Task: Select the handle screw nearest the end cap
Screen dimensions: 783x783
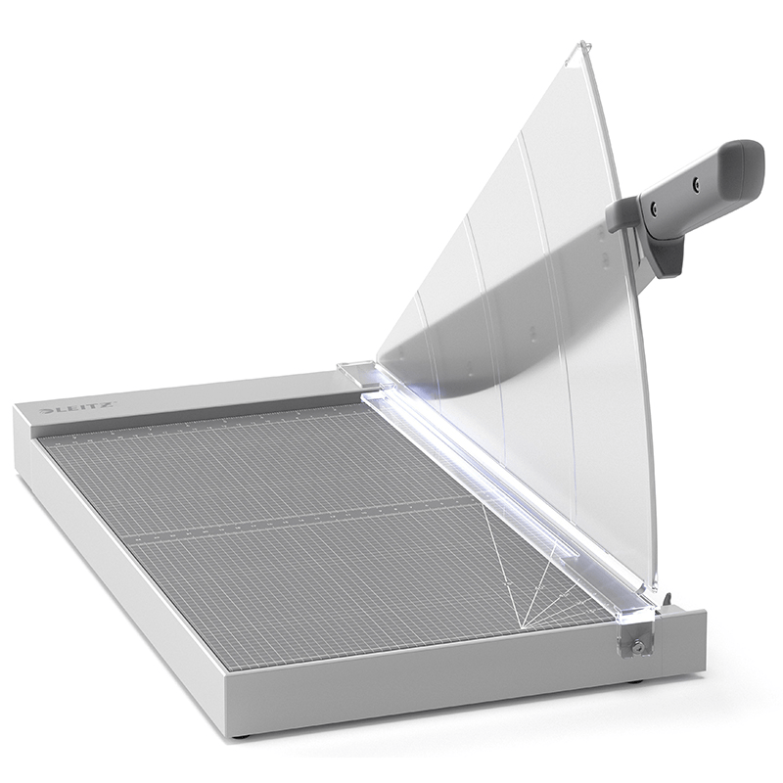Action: [696, 182]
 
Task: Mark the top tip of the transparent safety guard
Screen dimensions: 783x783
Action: [579, 43]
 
